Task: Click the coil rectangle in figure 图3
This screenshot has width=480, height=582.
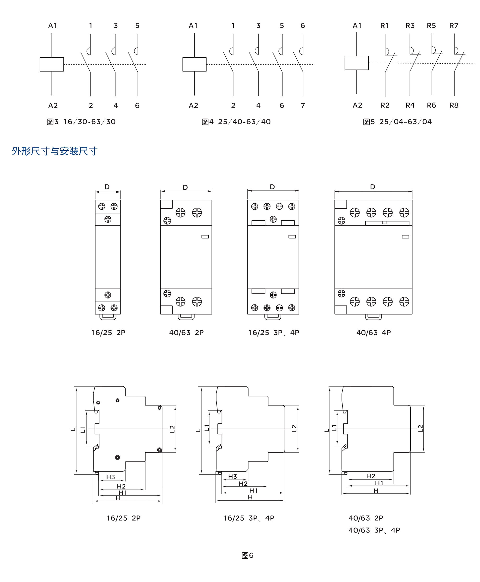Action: [x=52, y=64]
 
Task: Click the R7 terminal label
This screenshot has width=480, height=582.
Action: [x=454, y=26]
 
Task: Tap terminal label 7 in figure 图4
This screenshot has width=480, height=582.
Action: [x=303, y=105]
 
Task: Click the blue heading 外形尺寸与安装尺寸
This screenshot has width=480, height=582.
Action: [x=54, y=151]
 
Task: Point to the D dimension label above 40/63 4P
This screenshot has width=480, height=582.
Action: [x=372, y=187]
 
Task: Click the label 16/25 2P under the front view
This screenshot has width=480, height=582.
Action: [x=108, y=333]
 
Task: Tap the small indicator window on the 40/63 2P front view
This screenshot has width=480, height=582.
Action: [x=205, y=236]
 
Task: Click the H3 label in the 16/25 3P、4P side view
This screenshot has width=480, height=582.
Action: [x=233, y=477]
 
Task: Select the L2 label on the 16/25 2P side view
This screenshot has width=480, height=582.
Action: [x=172, y=429]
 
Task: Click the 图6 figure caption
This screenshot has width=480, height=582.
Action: [x=247, y=555]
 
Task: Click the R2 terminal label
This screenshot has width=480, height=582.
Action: [x=385, y=105]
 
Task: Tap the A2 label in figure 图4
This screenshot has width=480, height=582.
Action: [x=193, y=105]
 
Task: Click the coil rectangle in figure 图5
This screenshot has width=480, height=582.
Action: [x=356, y=63]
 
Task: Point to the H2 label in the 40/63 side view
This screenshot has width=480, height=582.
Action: [x=371, y=476]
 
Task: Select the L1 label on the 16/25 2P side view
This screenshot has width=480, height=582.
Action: [x=83, y=429]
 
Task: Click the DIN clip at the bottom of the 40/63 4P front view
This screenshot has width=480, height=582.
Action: [x=373, y=317]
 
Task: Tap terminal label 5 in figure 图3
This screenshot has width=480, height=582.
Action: [x=137, y=26]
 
